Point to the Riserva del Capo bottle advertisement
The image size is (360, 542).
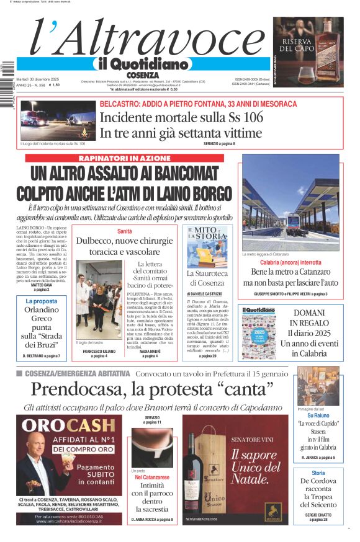tap(308, 51)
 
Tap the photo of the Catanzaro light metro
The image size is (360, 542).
tap(289, 208)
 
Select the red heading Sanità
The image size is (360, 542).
tap(125, 231)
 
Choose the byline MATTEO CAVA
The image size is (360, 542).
tap(42, 285)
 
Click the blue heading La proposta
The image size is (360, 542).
tap(42, 301)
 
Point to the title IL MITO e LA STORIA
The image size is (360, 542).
tap(207, 235)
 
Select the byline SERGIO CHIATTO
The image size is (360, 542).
tap(318, 514)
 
